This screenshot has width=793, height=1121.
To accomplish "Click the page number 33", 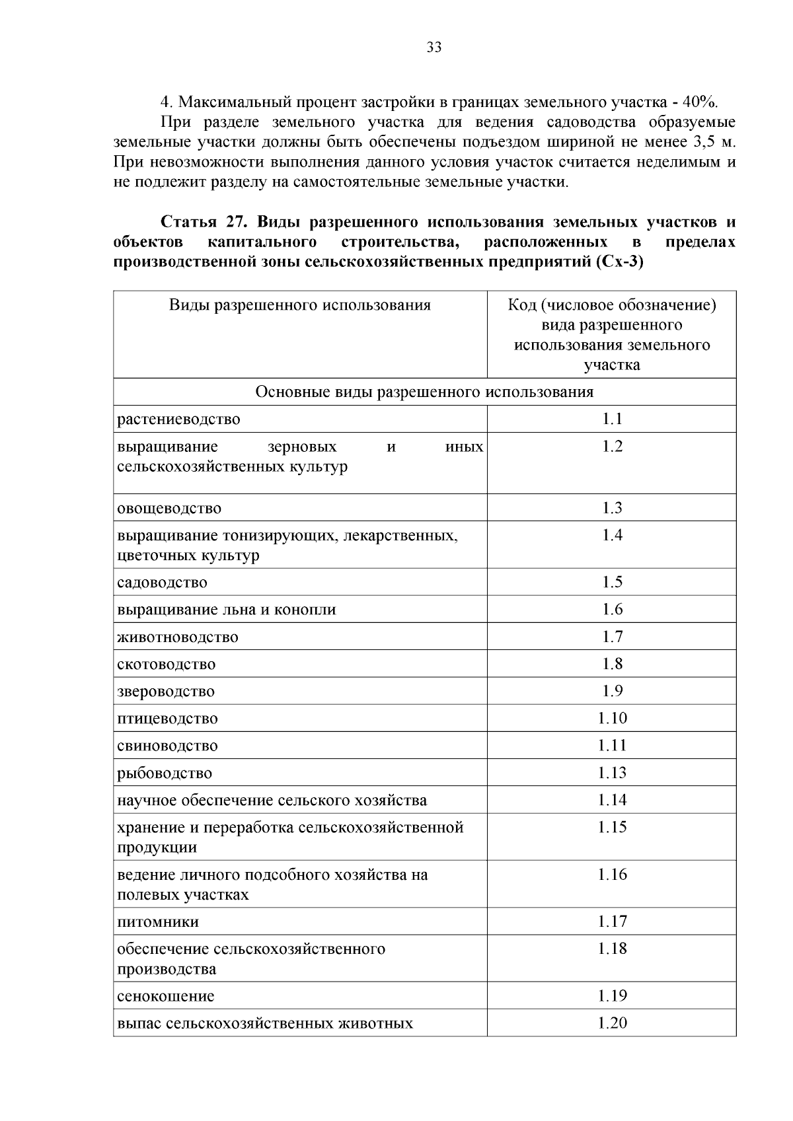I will pyautogui.click(x=434, y=48).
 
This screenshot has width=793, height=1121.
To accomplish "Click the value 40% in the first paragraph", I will pyautogui.click(x=699, y=102).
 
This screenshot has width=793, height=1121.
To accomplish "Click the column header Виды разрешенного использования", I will pyautogui.click(x=300, y=305).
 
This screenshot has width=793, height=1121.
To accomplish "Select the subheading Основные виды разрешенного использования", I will pyautogui.click(x=424, y=392).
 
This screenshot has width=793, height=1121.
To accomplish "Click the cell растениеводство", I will pyautogui.click(x=179, y=419).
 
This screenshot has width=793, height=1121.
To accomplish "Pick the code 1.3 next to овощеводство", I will pyautogui.click(x=612, y=508).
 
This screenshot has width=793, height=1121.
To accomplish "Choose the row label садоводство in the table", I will pyautogui.click(x=163, y=583).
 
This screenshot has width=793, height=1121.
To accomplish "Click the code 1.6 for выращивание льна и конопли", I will pyautogui.click(x=612, y=609).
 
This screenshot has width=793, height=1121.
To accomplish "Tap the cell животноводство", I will pyautogui.click(x=178, y=637).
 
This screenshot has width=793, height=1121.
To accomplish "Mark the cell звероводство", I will pyautogui.click(x=166, y=692).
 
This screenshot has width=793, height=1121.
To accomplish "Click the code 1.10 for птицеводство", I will pyautogui.click(x=612, y=718).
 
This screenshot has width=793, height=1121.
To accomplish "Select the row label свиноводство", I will pyautogui.click(x=167, y=746).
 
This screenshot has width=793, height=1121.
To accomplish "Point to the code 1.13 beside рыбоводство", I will pyautogui.click(x=612, y=773).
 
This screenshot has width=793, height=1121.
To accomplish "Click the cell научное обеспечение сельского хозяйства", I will pyautogui.click(x=272, y=801).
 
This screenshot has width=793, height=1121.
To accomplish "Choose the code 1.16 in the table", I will pyautogui.click(x=612, y=875).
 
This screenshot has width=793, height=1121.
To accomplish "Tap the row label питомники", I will pyautogui.click(x=158, y=922).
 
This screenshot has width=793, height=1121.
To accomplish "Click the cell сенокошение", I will pyautogui.click(x=166, y=996).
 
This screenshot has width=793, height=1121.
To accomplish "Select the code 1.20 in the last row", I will pyautogui.click(x=612, y=1023).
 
